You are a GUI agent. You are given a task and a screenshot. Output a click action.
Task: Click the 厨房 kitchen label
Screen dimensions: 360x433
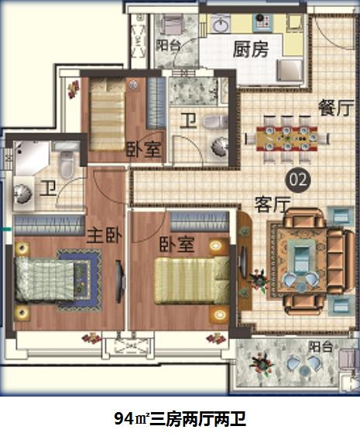251,50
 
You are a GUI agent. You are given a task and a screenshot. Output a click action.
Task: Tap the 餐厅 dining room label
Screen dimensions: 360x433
336,108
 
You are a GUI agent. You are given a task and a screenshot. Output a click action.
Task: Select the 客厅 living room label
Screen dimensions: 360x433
273,204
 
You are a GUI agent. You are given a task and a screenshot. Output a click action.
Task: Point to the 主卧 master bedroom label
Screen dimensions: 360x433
105,235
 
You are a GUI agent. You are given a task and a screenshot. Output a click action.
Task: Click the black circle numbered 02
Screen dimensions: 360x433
298,180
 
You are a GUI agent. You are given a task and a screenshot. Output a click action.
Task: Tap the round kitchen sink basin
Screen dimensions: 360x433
221,23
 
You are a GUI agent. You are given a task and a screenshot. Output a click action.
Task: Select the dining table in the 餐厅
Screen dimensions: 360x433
287,138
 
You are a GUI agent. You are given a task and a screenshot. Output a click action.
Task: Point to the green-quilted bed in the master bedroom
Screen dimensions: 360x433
44,280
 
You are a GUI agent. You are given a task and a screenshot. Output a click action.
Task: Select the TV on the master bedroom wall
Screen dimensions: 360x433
118,282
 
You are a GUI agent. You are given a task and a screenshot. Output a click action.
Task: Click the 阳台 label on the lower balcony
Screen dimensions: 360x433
321,346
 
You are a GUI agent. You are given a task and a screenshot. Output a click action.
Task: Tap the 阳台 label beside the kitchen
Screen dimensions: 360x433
167,46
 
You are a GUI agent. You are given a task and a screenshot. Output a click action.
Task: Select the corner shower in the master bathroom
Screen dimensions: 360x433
32,158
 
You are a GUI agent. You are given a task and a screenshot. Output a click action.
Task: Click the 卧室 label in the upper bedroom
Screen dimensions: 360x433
143,150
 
